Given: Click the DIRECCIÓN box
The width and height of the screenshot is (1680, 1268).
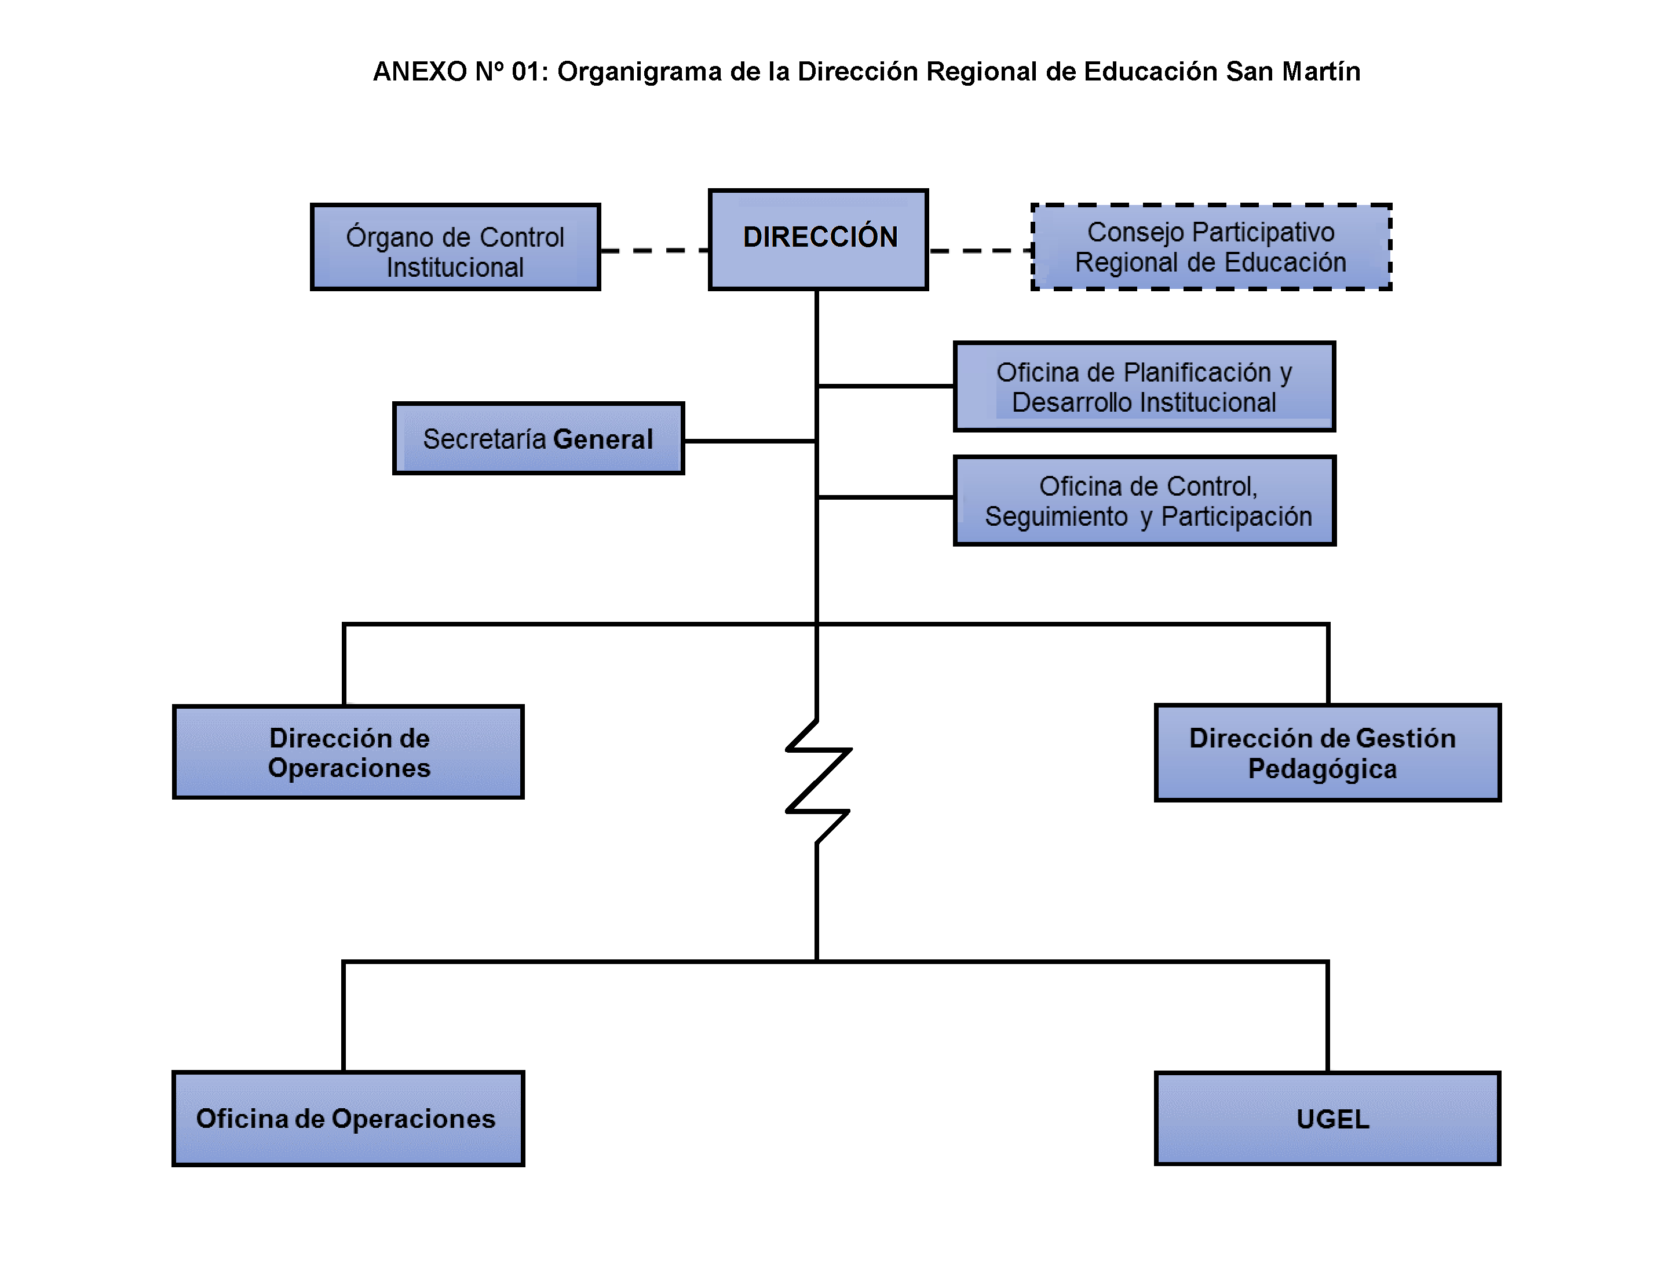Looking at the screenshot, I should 818,239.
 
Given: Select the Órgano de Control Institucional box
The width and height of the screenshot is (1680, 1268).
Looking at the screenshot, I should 455,247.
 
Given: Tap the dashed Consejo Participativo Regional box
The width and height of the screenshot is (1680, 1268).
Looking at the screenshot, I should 1211,247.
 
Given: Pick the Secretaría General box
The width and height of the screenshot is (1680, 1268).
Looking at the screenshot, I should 538,439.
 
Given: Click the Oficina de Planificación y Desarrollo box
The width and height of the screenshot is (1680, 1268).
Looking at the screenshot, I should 1144,386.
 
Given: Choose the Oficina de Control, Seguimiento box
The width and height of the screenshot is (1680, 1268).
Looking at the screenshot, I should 1144,500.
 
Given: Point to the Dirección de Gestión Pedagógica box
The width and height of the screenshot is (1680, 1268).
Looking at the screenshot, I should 1327,753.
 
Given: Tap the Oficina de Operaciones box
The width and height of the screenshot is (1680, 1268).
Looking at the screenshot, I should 348,1119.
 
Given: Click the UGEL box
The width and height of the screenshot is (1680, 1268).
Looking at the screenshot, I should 1327,1119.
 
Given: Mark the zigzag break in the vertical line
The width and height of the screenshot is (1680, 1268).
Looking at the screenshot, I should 817,780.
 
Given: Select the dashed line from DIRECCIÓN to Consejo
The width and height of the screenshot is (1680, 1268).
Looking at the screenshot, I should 980,250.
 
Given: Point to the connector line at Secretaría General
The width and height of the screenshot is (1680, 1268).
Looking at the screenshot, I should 750,441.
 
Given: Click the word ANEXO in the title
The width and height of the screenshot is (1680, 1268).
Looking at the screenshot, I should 419,71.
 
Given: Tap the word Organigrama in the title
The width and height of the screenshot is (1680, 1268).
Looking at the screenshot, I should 640,71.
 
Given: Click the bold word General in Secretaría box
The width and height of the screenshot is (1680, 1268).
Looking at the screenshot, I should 603,439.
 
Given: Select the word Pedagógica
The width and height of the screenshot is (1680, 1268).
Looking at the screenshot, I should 1323,769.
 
